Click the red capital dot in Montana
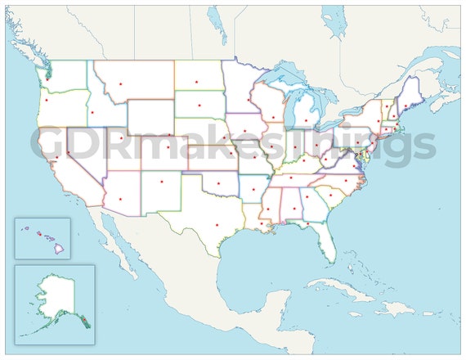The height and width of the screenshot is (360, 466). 121,83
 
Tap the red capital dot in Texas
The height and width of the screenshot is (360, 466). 217,225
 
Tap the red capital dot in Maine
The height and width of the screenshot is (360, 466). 406,106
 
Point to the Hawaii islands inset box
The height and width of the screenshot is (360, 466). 42,237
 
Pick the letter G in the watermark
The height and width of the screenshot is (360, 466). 50,146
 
